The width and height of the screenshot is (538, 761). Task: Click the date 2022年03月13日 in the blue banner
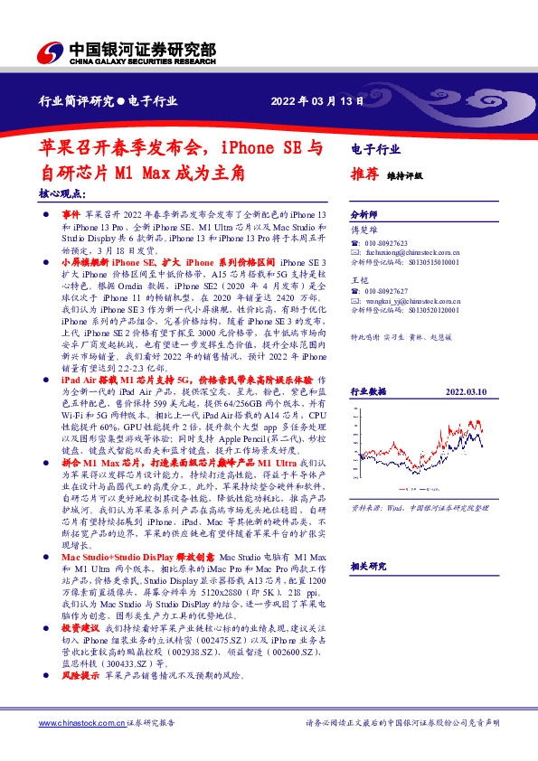click(318, 100)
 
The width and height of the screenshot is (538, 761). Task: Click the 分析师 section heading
click(363, 215)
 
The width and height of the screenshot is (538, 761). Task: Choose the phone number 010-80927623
click(388, 244)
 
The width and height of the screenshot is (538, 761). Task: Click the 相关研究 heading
click(368, 566)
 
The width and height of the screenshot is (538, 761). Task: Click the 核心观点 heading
click(62, 194)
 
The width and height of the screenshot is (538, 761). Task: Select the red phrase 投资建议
click(80, 653)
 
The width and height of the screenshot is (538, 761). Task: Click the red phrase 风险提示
click(80, 700)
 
